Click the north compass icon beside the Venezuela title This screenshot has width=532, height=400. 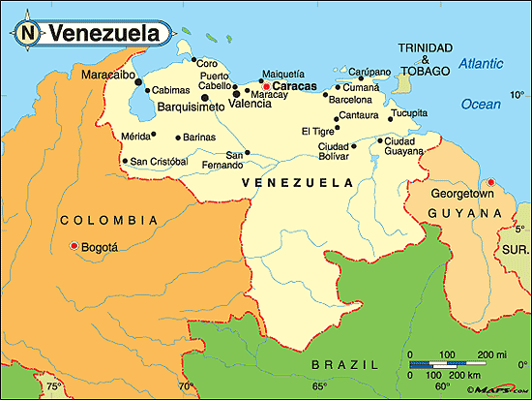tap(27, 33)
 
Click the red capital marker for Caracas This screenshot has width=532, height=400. tap(266, 86)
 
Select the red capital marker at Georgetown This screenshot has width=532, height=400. tap(490, 182)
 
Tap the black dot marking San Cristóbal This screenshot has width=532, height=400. tap(125, 161)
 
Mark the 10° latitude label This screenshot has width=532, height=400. tap(517, 95)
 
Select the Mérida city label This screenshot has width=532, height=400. tap(136, 137)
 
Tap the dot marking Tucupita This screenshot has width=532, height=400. tap(390, 119)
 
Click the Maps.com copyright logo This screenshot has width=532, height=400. tap(494, 390)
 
